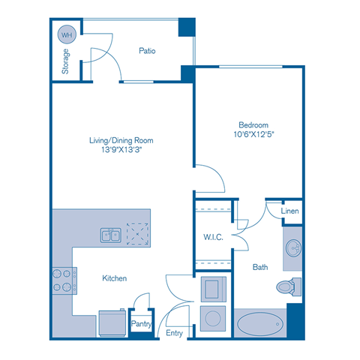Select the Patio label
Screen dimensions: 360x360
[147, 51]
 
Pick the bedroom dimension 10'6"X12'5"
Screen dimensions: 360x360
[253, 135]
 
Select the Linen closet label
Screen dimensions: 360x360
[290, 211]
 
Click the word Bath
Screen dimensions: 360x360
[260, 266]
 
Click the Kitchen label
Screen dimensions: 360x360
[115, 278]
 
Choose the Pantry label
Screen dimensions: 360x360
[142, 324]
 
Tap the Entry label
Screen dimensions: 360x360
[174, 333]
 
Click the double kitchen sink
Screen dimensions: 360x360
[111, 235]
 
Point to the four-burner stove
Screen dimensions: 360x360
[61, 280]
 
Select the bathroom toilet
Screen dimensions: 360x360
[288, 286]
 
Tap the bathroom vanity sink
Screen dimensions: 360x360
[292, 248]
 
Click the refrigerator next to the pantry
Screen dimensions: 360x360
[112, 321]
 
